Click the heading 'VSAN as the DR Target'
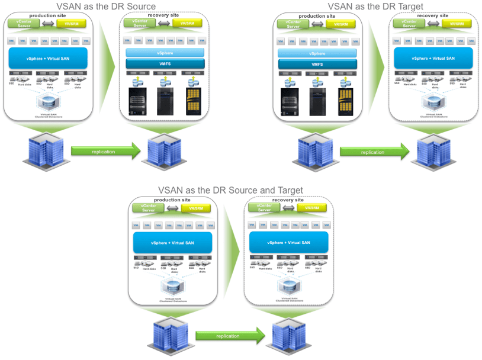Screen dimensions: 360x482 (376, 6)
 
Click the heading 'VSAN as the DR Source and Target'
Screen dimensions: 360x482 (230, 191)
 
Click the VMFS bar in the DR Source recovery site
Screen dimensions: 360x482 (165, 63)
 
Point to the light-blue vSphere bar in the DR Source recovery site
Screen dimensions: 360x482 (165, 53)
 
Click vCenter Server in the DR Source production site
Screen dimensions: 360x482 (23, 23)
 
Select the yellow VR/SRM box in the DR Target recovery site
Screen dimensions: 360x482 (457, 24)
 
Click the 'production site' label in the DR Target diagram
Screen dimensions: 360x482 (317, 17)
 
